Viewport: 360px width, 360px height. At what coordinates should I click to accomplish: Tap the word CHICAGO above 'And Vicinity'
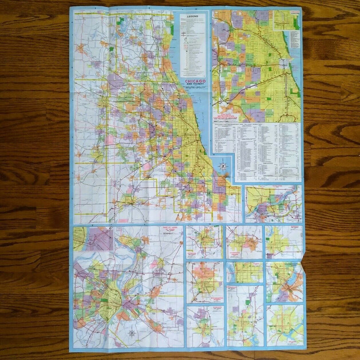pos(194,81)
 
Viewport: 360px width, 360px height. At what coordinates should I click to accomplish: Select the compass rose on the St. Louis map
pos(132,333)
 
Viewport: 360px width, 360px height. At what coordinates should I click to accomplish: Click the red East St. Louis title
pos(171,230)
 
